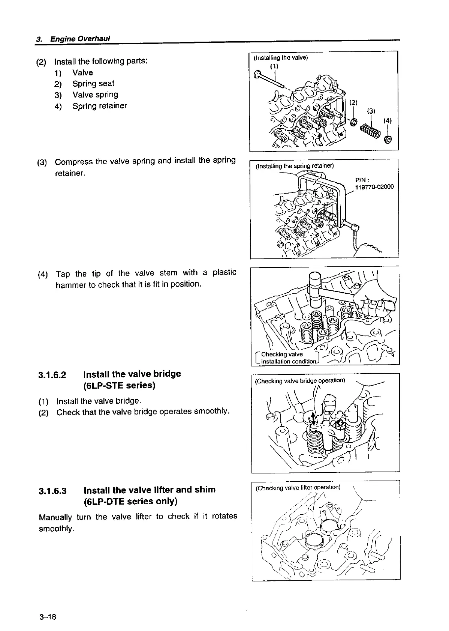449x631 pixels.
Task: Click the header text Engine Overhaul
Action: click(x=80, y=39)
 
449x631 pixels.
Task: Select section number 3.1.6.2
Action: click(x=52, y=375)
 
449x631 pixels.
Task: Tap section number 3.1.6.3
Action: click(x=53, y=490)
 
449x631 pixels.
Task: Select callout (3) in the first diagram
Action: click(x=371, y=111)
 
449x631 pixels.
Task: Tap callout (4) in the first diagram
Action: click(x=387, y=121)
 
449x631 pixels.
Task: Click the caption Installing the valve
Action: click(x=281, y=58)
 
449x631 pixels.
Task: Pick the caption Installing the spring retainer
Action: click(x=294, y=166)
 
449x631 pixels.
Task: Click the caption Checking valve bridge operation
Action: click(x=300, y=381)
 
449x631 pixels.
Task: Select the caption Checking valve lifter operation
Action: click(x=298, y=488)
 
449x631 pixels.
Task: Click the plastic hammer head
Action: click(x=315, y=287)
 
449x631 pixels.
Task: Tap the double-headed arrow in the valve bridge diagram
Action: click(x=314, y=418)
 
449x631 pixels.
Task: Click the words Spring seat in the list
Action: click(x=93, y=84)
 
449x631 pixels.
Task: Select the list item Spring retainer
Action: click(x=100, y=106)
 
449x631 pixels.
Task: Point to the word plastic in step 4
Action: click(x=224, y=272)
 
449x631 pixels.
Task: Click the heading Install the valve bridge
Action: click(x=132, y=374)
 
